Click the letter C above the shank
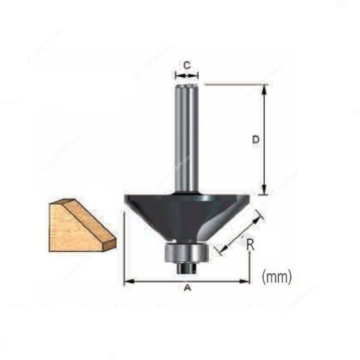[x=187, y=65]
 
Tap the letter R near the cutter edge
[x=250, y=244]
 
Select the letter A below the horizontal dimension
[x=188, y=289]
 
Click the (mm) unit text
[x=277, y=277]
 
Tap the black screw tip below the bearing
[x=186, y=268]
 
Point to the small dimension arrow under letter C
[x=187, y=75]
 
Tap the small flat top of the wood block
[x=63, y=202]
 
